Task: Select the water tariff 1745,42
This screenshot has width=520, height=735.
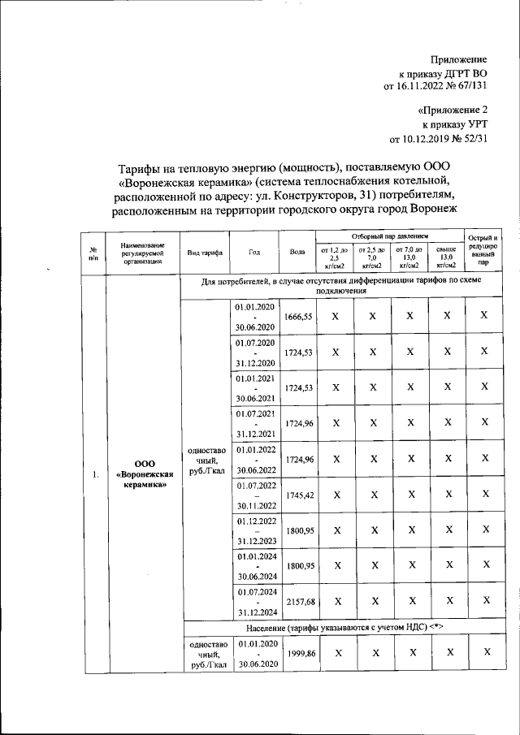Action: [297, 494]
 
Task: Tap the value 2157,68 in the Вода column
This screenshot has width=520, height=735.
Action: [297, 601]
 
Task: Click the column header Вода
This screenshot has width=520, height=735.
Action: [297, 252]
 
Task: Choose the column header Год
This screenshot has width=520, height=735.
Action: [255, 252]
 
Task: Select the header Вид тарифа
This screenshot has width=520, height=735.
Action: [205, 253]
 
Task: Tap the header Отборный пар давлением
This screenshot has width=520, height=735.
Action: [389, 236]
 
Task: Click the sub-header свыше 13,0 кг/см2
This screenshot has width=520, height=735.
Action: [446, 257]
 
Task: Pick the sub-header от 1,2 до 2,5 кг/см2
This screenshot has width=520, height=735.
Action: [334, 257]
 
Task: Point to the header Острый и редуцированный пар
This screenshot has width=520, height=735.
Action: [483, 249]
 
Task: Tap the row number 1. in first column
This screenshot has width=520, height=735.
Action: [94, 474]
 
